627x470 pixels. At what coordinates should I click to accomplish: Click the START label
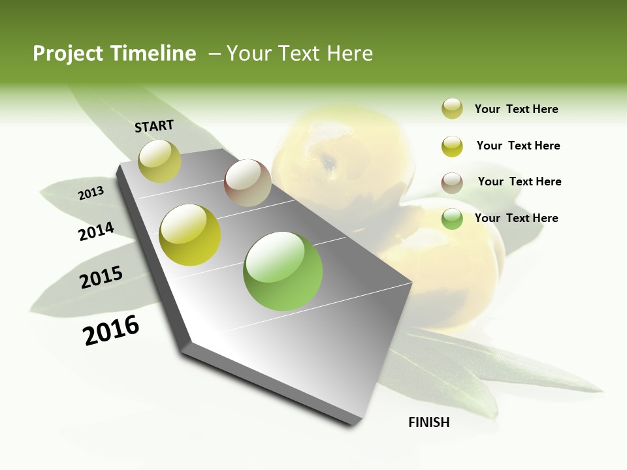point(154,126)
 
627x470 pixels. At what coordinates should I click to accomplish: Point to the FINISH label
point(428,422)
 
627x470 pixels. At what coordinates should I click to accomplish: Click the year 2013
point(91,193)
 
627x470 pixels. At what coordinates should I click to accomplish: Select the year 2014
point(96,232)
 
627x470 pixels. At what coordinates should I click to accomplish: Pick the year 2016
point(111,330)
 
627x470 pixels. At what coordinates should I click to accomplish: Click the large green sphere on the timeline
point(283,271)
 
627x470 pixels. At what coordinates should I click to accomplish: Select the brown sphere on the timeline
point(248,183)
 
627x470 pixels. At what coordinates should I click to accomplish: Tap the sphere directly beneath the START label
point(160,161)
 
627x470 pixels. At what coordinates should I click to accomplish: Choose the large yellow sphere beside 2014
point(190,235)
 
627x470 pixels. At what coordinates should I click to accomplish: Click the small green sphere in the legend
point(452,219)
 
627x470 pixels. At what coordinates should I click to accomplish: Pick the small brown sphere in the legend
point(452,183)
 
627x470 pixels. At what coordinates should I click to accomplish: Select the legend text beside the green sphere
point(516,218)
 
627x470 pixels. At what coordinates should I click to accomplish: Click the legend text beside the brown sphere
point(519,181)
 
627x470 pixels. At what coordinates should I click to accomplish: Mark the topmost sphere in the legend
point(452,109)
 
